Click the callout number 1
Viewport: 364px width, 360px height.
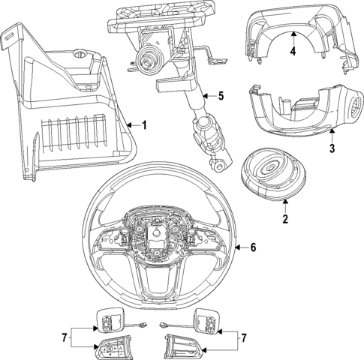pos(145,124)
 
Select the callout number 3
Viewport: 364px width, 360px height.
pos(331,149)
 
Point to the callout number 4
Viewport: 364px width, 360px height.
pos(293,52)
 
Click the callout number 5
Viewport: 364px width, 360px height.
pos(221,95)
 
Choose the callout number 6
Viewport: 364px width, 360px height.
pos(253,247)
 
